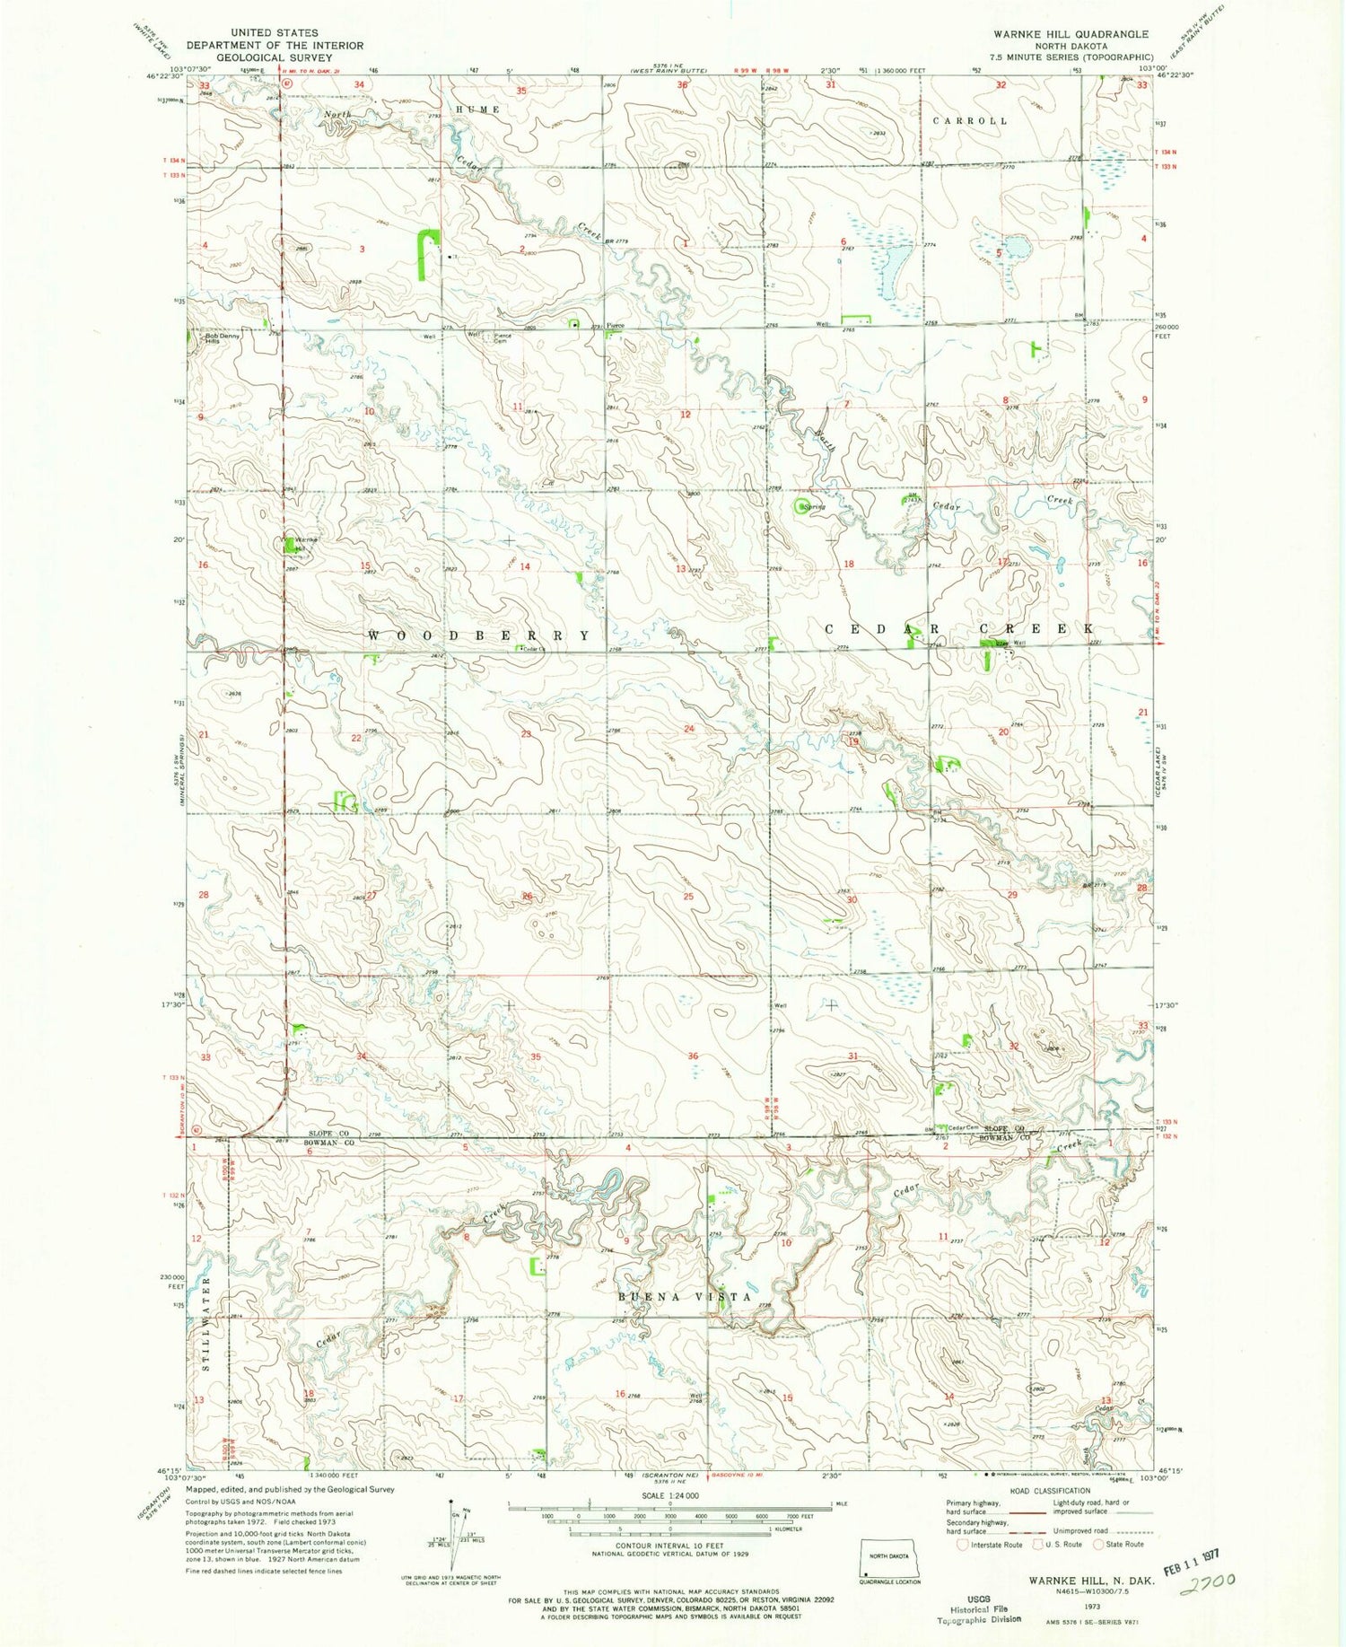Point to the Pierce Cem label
(x=503, y=338)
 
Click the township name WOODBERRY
(x=479, y=635)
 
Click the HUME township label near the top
(x=476, y=110)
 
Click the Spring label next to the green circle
(x=815, y=507)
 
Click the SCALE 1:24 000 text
(x=669, y=1496)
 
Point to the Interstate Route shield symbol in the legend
(x=963, y=1545)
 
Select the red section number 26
(x=528, y=897)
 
